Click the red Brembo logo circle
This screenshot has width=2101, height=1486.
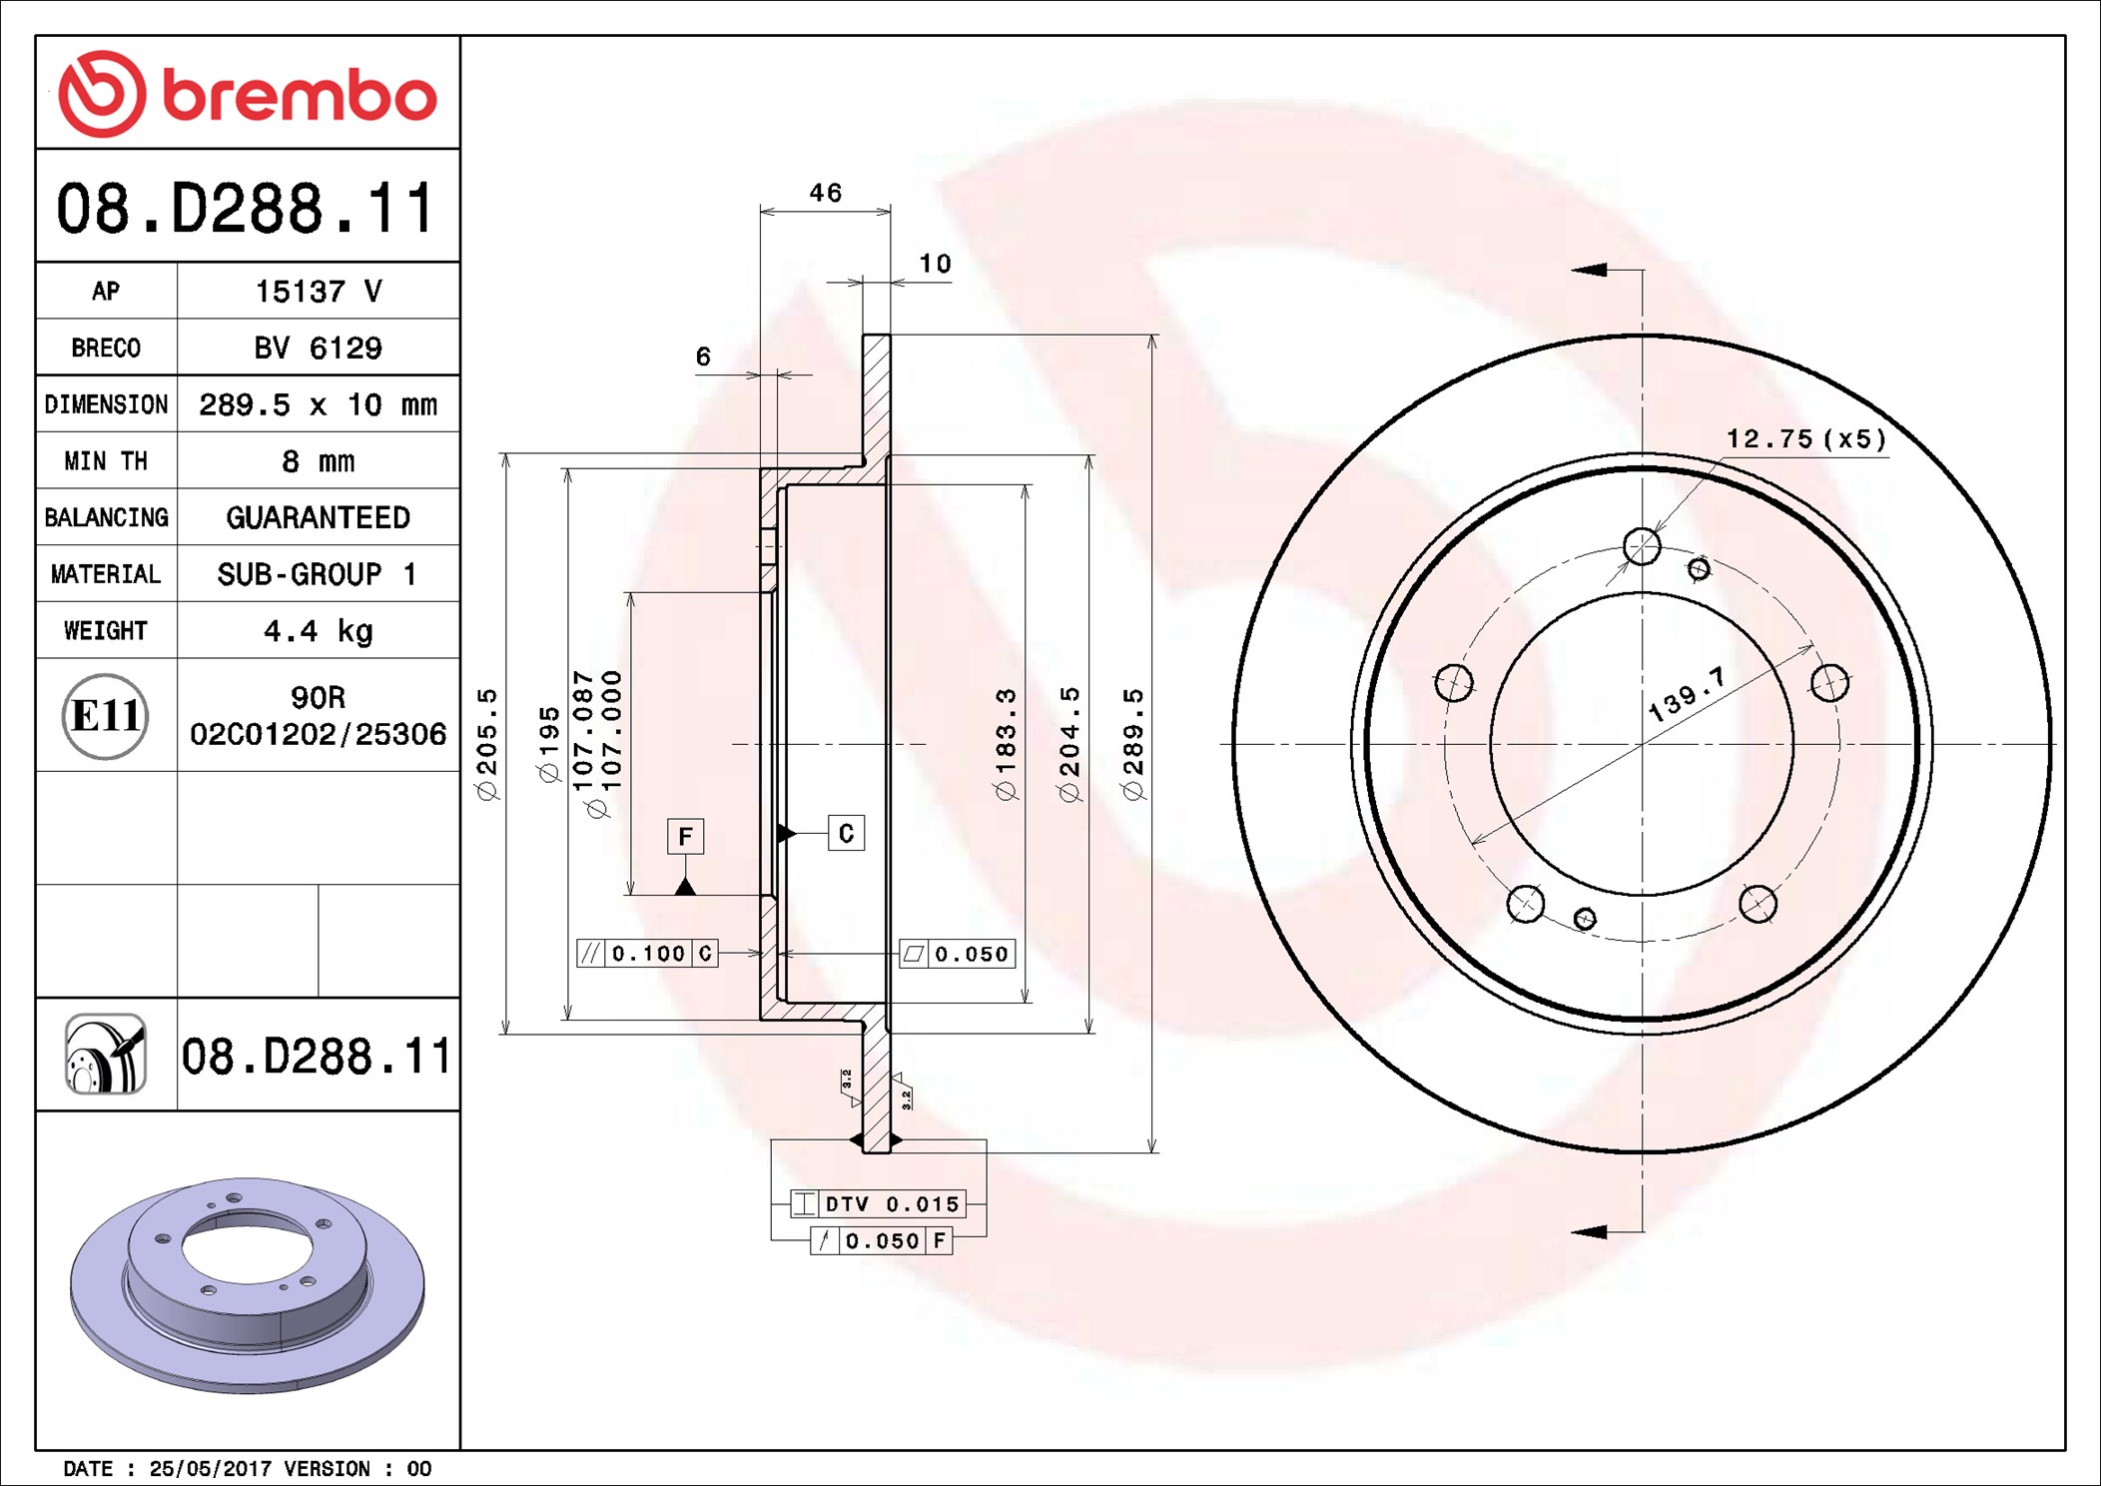pyautogui.click(x=102, y=94)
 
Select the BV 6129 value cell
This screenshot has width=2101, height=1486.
pyautogui.click(x=318, y=348)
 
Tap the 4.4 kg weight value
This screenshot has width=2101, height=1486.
pyautogui.click(x=318, y=630)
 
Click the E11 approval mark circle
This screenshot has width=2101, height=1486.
pyautogui.click(x=105, y=715)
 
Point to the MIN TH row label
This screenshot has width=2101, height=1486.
pyautogui.click(x=106, y=460)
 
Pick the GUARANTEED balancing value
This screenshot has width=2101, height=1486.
pyautogui.click(x=318, y=517)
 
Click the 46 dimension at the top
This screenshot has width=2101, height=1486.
pyautogui.click(x=826, y=192)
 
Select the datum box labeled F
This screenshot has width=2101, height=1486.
pyautogui.click(x=685, y=836)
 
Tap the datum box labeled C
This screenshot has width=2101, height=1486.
pyautogui.click(x=846, y=833)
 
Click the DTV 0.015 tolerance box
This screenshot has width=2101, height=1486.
pyautogui.click(x=878, y=1203)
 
